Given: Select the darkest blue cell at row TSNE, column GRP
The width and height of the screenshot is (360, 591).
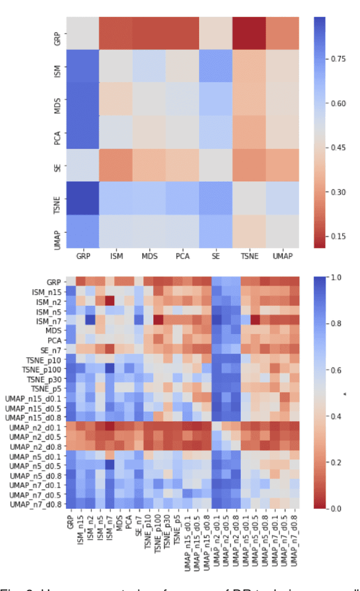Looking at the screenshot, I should (x=83, y=198).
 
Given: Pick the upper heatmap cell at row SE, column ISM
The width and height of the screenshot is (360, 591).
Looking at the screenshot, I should (x=116, y=165).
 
